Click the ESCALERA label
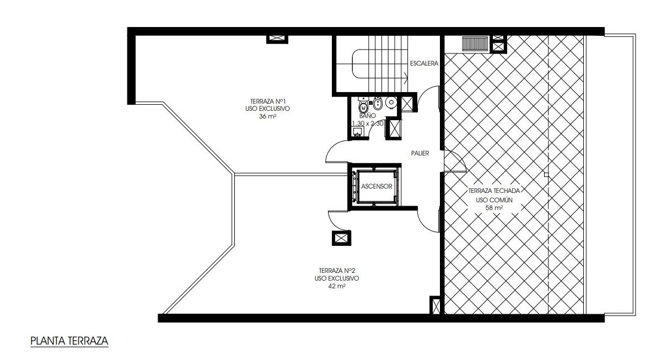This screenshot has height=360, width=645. click(x=424, y=63)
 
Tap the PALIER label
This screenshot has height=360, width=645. click(x=420, y=153)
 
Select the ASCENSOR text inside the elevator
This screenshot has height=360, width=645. click(x=377, y=186)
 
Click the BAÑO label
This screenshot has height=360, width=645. click(x=367, y=116)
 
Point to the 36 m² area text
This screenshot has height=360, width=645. click(x=267, y=116)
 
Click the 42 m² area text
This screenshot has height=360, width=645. click(x=336, y=286)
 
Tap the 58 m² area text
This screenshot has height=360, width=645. click(x=494, y=208)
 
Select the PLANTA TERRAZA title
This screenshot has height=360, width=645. click(x=69, y=341)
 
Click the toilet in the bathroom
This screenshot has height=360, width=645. click(x=364, y=108)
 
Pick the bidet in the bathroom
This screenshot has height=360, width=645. click(x=378, y=103)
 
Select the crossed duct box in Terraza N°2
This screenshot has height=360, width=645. click(x=341, y=238)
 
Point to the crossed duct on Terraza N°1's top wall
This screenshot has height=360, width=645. click(x=278, y=39)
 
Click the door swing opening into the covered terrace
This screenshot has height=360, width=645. click(x=455, y=161)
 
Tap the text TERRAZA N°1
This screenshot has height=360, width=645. click(x=268, y=101)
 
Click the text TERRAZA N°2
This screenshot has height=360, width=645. click(x=337, y=271)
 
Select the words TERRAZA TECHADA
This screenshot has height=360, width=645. click(x=494, y=191)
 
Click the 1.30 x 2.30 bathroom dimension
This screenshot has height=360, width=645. click(x=368, y=123)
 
